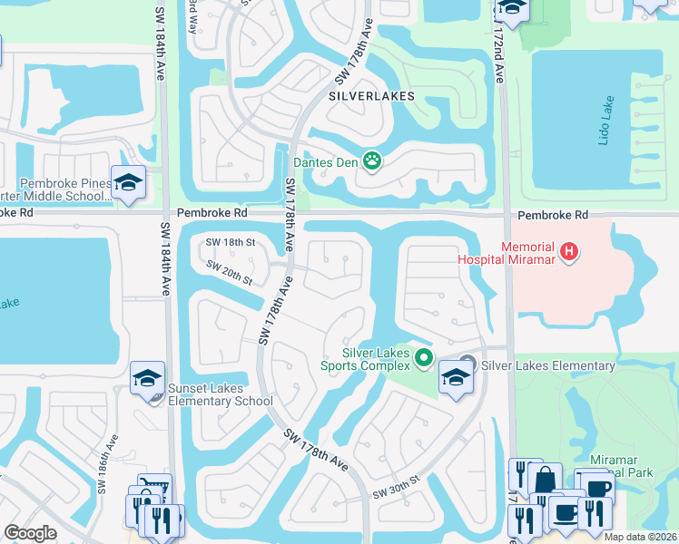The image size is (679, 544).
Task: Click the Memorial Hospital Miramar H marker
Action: (569, 251)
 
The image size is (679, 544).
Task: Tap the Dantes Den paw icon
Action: (371, 162)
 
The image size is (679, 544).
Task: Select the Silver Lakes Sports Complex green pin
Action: (423, 360)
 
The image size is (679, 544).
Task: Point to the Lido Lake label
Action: (610, 113)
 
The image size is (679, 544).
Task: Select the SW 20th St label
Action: (229, 270)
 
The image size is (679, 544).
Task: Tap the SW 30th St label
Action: (397, 488)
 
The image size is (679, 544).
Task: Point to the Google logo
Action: (30, 533)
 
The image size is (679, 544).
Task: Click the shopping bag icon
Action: (547, 480)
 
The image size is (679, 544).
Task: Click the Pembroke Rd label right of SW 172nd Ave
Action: (553, 215)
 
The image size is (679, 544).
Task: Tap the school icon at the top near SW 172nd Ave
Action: (513, 9)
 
